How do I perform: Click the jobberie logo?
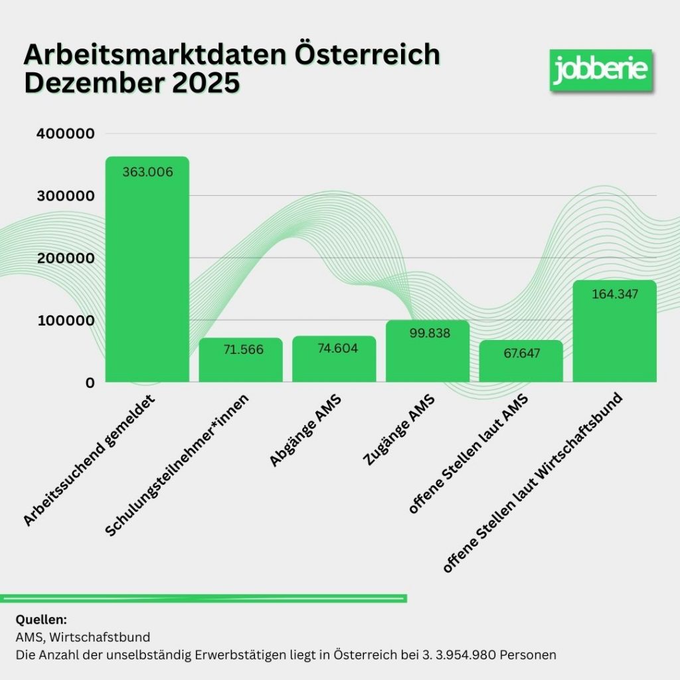coord(600,69)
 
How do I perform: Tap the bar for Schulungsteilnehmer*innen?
coord(240,362)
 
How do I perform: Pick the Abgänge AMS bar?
coord(334,362)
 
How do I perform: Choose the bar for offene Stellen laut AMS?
coord(521,364)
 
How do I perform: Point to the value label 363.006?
coord(147,173)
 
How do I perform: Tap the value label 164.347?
coord(614,294)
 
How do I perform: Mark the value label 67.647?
coord(521,353)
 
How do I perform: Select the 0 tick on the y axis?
coord(90,382)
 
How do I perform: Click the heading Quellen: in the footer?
coord(41,620)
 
